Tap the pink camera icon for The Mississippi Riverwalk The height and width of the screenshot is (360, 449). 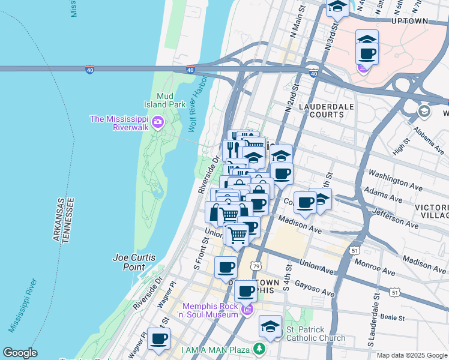coord(157,123)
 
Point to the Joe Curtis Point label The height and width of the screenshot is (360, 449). coord(134,262)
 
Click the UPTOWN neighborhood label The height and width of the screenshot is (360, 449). coord(409,21)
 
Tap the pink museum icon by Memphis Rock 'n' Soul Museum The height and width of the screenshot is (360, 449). coord(247,310)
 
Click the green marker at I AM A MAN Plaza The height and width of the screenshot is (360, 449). coord(259,349)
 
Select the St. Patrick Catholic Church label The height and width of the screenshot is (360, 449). coord(315,334)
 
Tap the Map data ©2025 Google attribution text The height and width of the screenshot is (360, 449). coord(411,355)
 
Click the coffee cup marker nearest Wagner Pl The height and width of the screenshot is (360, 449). coord(158,339)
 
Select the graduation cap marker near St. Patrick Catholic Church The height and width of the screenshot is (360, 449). coord(270,327)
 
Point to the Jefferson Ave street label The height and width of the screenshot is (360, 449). coord(396,218)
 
